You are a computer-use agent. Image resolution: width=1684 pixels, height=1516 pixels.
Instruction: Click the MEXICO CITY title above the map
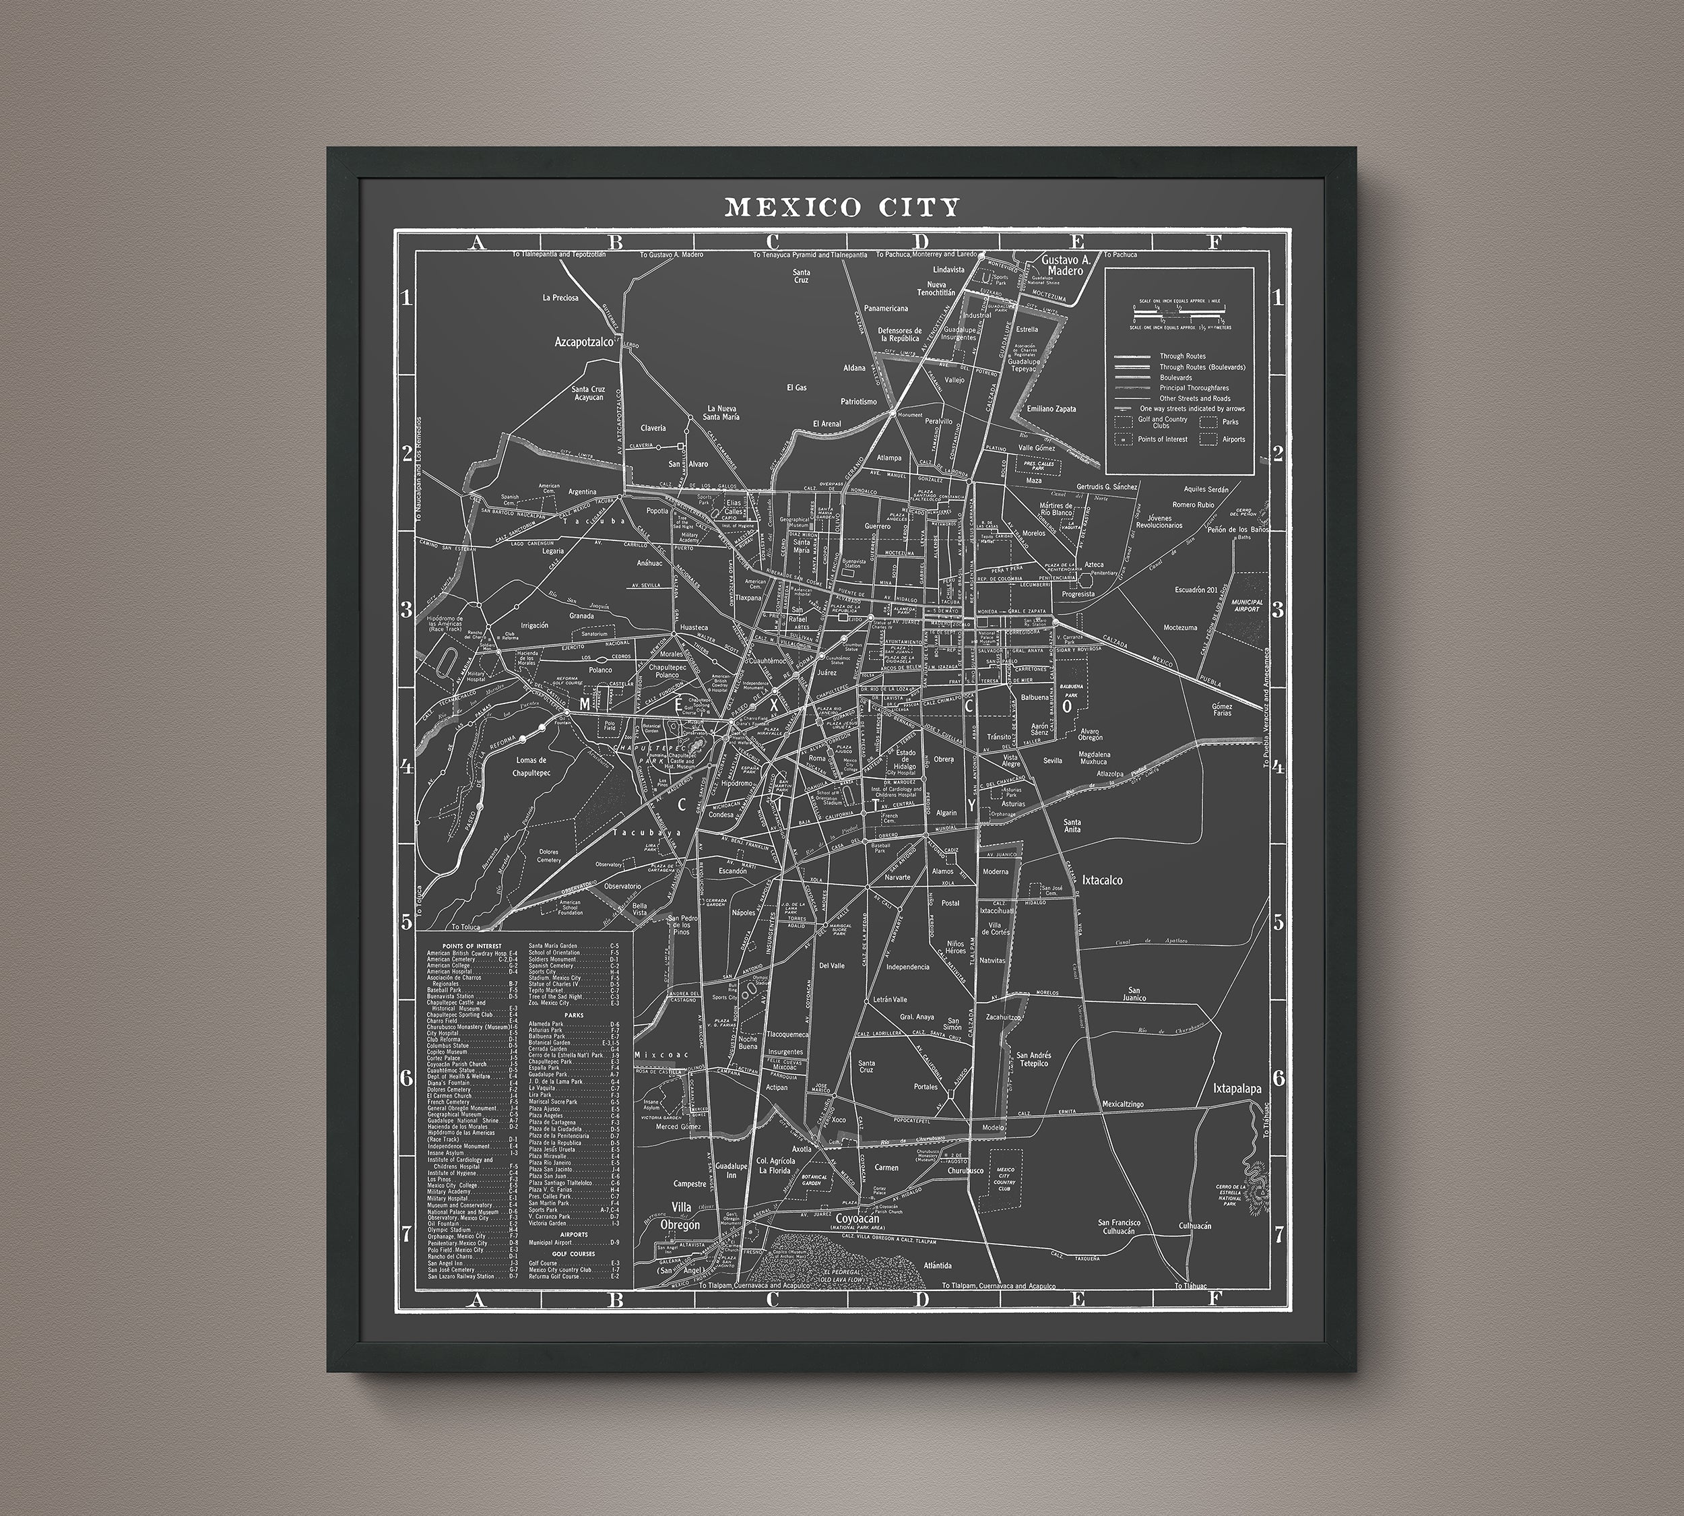(842, 207)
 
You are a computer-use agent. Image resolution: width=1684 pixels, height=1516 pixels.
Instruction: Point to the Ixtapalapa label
(1237, 1089)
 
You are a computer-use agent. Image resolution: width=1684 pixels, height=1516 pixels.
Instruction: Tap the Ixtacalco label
(1103, 879)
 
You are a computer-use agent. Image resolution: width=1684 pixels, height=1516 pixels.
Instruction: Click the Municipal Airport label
(1247, 605)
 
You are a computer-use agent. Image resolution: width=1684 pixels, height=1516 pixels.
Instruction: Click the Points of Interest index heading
(472, 946)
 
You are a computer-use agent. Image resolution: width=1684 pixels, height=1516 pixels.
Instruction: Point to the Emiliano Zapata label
(1051, 409)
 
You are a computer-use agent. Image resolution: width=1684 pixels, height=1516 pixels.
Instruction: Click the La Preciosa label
(560, 297)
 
